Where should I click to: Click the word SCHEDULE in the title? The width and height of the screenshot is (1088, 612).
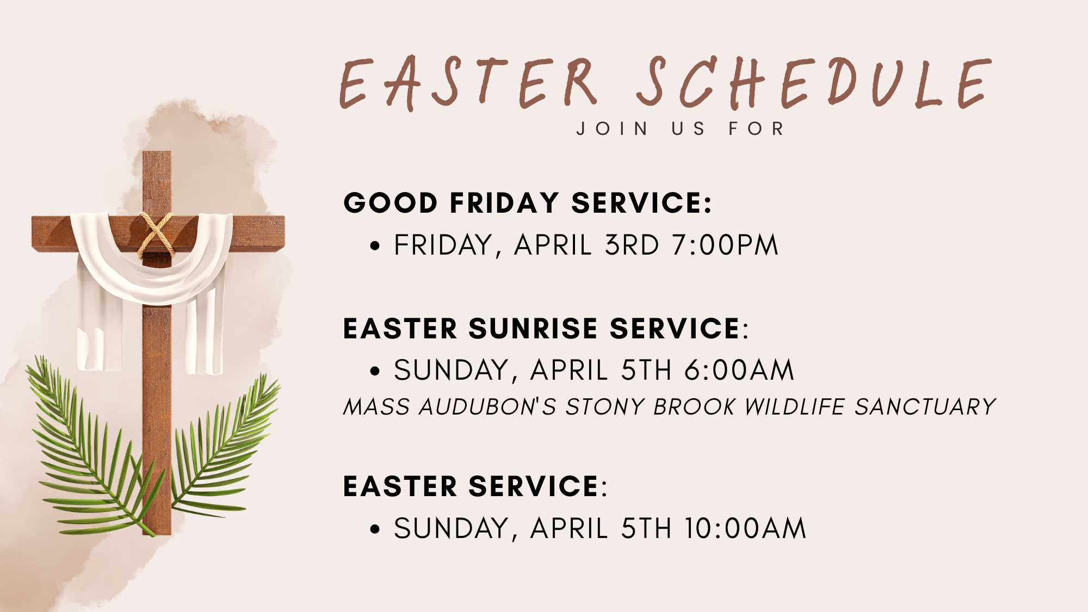pyautogui.click(x=813, y=83)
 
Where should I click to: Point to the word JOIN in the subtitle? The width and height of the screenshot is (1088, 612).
pyautogui.click(x=613, y=129)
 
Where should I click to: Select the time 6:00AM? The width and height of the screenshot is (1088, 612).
pyautogui.click(x=739, y=370)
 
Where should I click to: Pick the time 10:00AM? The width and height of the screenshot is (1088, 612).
pyautogui.click(x=745, y=529)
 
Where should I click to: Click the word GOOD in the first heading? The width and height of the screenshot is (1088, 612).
pyautogui.click(x=390, y=203)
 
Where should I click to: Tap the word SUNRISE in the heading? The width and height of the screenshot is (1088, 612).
pyautogui.click(x=533, y=329)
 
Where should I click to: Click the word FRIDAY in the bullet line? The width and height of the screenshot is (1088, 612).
pyautogui.click(x=444, y=245)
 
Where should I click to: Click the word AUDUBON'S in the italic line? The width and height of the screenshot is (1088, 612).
pyautogui.click(x=487, y=407)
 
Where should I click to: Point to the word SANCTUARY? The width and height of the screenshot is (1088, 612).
pyautogui.click(x=925, y=407)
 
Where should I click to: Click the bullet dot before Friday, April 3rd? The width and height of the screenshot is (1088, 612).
pyautogui.click(x=374, y=246)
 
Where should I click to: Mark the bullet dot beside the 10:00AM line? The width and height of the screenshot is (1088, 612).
pyautogui.click(x=374, y=529)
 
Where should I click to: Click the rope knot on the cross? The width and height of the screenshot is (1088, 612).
pyautogui.click(x=157, y=235)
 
